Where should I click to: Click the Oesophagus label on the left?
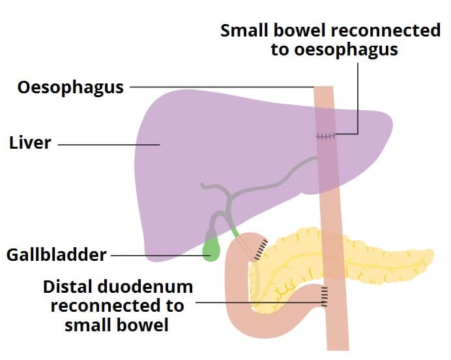point(70,87)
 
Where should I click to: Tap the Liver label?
point(30,142)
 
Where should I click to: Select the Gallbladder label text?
point(56,254)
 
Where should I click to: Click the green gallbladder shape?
point(211,248)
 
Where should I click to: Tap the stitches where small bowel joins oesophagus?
point(325,136)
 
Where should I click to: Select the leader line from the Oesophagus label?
point(222,87)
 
